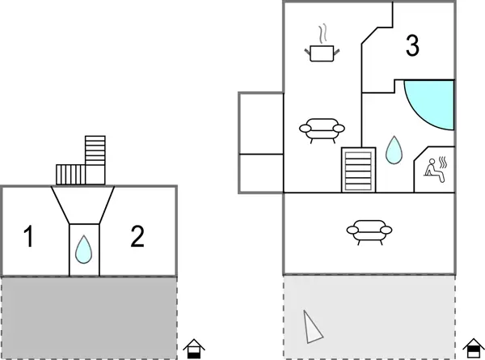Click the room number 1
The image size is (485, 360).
[x=28, y=238]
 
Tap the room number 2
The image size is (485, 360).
[x=137, y=236]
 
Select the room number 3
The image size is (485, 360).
[x=412, y=47]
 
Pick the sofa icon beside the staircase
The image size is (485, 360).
[x=321, y=129]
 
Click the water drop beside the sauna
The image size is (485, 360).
[x=394, y=150]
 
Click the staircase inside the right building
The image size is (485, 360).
[x=359, y=170]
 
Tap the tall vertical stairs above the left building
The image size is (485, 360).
[x=95, y=152]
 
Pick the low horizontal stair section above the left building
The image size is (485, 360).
[x=70, y=175]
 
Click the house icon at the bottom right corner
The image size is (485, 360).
[x=473, y=349]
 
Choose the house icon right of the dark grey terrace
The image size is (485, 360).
[x=194, y=349]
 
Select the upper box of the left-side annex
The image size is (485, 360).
[x=261, y=122]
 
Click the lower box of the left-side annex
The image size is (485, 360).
[x=261, y=172]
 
